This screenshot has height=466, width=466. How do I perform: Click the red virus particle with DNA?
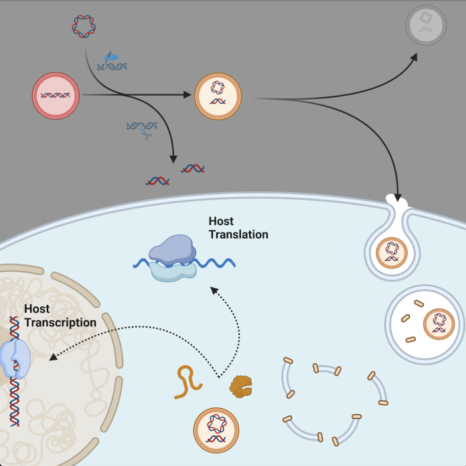pos(56,96)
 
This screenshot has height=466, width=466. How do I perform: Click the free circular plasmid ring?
pos(84,27)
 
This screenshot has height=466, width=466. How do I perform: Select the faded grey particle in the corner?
pos(426,25)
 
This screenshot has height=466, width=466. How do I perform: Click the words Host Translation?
pos(238,228)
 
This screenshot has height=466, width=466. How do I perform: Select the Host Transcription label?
pos(60,316)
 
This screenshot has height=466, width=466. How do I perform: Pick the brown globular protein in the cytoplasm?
pos(242,386)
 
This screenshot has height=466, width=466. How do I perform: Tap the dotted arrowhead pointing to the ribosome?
pos(213,289)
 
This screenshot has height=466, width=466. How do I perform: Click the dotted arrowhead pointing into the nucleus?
pos(52,356)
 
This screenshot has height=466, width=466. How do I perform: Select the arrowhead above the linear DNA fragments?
pos(173,160)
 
